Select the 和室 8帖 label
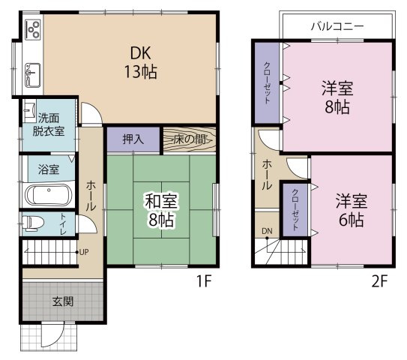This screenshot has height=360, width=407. [160, 210]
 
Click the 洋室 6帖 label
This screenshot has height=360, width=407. [350, 210]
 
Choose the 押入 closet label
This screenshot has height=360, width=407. [133, 139]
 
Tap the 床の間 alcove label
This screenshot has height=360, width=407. [189, 139]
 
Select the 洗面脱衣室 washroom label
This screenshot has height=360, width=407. [48, 124]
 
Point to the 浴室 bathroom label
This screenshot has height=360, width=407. [49, 169]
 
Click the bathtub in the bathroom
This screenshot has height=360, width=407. [48, 196]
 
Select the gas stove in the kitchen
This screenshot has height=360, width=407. [33, 30]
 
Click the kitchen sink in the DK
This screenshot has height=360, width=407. [33, 73]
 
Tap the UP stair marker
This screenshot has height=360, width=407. [85, 251]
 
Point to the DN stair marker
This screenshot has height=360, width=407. [267, 230]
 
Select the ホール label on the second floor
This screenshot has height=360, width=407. [266, 175]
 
